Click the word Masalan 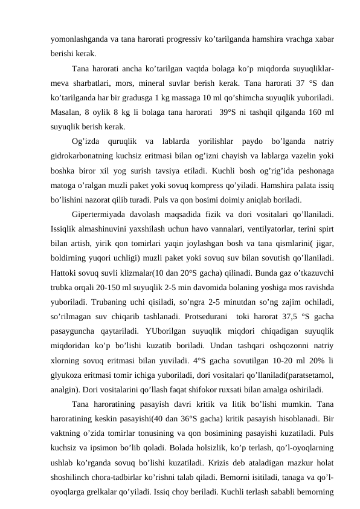[65, 112]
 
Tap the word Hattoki [65, 271]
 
